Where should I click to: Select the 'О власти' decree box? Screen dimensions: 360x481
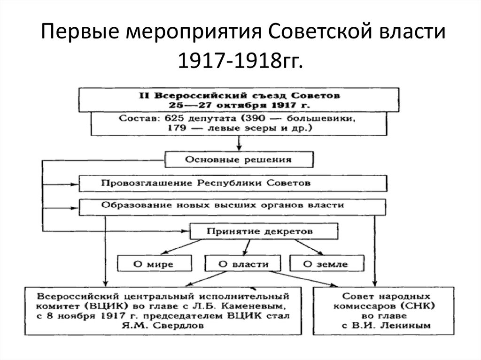(x=243, y=264)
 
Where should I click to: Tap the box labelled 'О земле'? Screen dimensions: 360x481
(x=326, y=264)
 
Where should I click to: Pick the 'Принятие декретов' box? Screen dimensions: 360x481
(x=263, y=231)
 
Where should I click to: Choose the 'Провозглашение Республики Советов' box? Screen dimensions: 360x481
(x=206, y=183)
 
